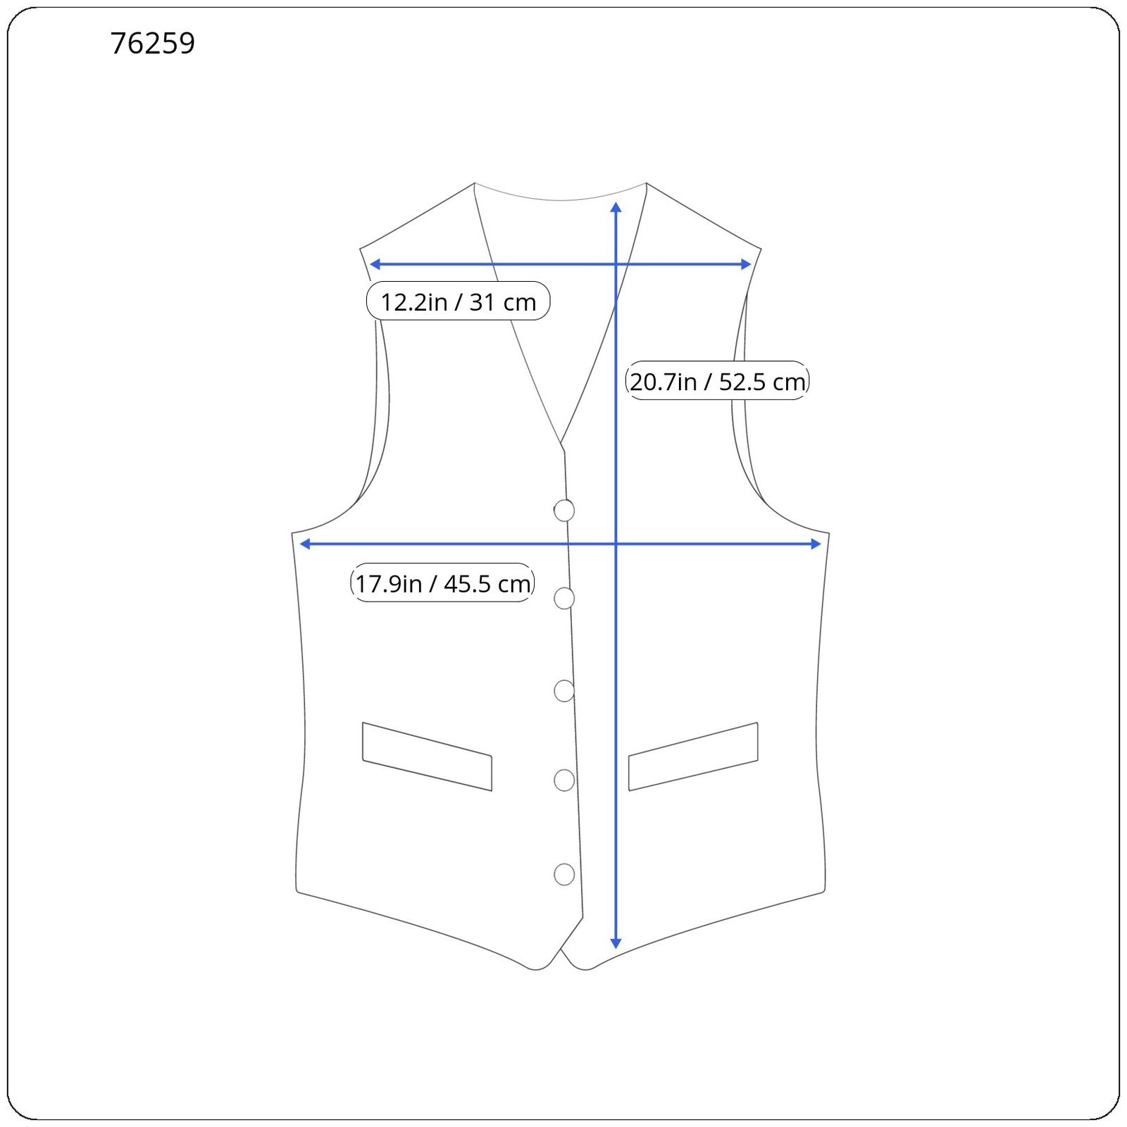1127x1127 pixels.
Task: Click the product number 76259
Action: point(153,44)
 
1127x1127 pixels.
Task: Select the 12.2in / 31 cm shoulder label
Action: point(458,301)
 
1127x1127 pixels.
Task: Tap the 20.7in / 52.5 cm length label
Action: point(717,381)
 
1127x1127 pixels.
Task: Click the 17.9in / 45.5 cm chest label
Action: point(442,583)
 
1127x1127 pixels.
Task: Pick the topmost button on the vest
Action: point(564,511)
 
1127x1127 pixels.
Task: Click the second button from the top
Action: point(564,599)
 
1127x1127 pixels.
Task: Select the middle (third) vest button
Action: point(564,691)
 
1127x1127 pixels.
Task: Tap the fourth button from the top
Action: point(564,780)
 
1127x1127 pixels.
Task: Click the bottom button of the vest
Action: point(564,874)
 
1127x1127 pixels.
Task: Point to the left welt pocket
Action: point(427,756)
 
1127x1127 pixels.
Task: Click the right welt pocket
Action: point(693,756)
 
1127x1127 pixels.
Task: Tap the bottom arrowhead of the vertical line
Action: point(616,944)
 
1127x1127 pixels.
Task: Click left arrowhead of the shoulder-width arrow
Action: point(374,264)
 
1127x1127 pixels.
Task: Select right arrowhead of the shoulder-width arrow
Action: point(747,264)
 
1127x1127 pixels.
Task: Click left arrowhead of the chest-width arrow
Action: point(305,544)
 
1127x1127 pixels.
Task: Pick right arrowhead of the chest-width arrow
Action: point(817,544)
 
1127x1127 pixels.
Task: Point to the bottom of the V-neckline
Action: point(562,445)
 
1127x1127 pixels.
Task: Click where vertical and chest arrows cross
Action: point(616,544)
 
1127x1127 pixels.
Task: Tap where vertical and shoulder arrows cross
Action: point(616,264)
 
